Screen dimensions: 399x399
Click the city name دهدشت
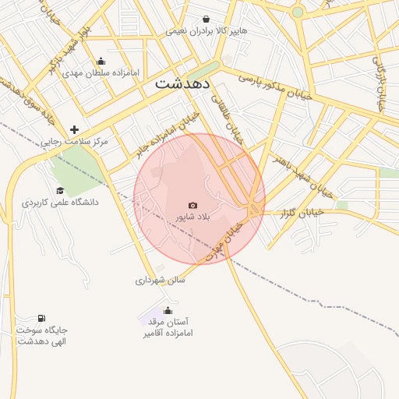pyautogui.click(x=186, y=83)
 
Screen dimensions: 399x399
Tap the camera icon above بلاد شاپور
pyautogui.click(x=193, y=205)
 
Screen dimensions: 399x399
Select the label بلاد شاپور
pyautogui.click(x=193, y=217)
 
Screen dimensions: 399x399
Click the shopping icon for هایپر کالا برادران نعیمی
pyautogui.click(x=206, y=19)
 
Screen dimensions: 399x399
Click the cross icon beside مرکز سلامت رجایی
pyautogui.click(x=75, y=130)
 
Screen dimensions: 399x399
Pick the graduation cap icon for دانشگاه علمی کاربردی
pyautogui.click(x=60, y=191)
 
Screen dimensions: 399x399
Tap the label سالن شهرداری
pyautogui.click(x=161, y=280)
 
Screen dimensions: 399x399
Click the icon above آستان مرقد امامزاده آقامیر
pyautogui.click(x=167, y=311)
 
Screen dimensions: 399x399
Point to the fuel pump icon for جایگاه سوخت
pyautogui.click(x=41, y=319)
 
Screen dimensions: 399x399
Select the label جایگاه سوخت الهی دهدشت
pyautogui.click(x=41, y=336)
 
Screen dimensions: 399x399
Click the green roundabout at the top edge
pyautogui.click(x=297, y=12)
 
